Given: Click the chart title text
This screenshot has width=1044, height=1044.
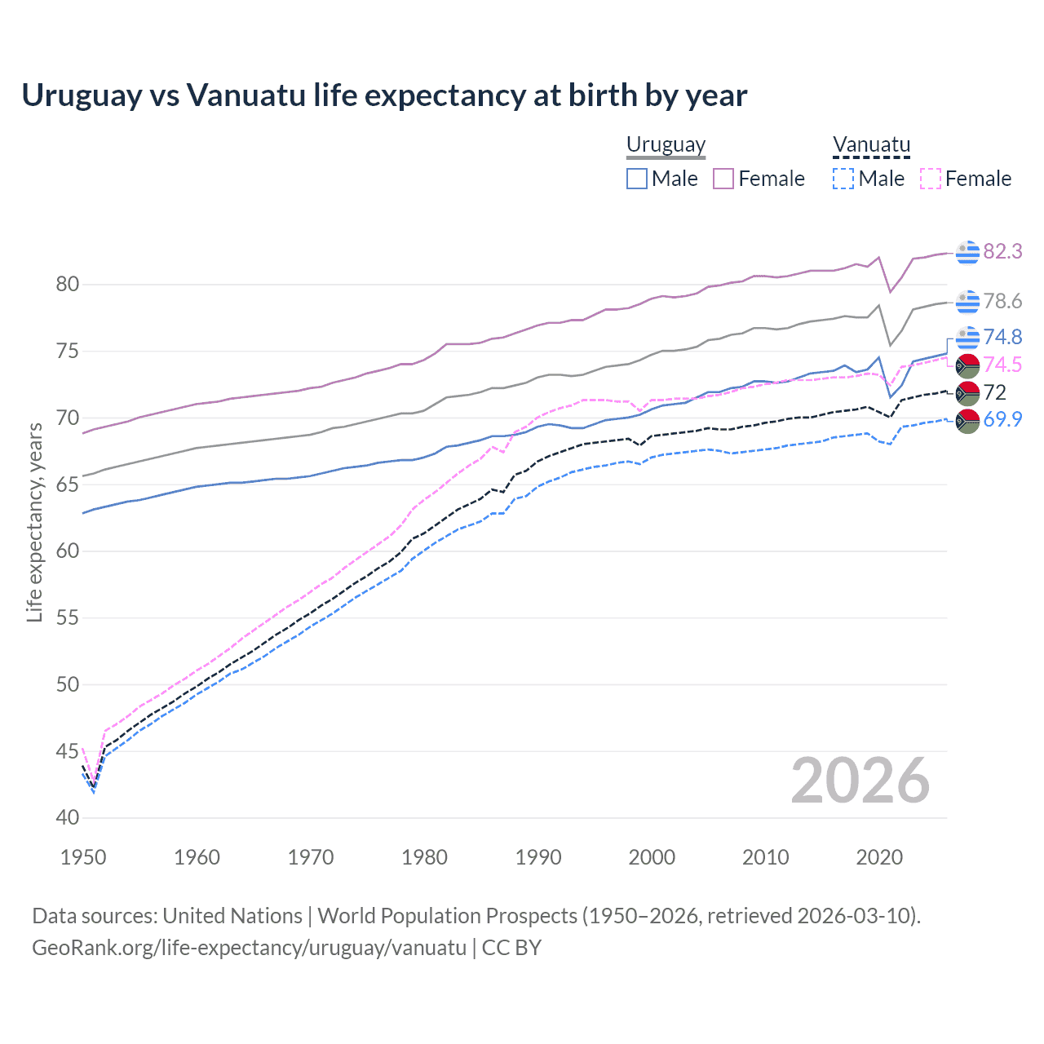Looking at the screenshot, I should click(384, 95).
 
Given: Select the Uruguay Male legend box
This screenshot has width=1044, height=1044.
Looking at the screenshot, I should click(637, 179).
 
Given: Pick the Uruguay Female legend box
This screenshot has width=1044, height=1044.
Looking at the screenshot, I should click(723, 179).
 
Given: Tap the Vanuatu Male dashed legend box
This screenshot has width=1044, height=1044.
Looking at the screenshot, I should click(843, 179).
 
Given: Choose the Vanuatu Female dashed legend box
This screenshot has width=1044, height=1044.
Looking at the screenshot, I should click(931, 179).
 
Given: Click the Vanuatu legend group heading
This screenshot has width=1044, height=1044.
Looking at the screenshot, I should click(871, 144).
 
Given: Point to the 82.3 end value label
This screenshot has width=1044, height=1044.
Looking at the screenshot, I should click(1002, 252).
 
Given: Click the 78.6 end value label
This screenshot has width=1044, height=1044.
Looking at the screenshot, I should click(1002, 302).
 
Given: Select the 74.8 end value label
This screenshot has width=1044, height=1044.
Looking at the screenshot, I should click(1002, 338).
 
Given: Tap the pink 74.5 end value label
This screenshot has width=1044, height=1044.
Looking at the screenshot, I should click(1002, 365).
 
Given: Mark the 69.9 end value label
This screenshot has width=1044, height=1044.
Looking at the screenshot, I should click(1002, 420).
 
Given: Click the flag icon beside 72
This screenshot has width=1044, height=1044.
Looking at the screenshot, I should click(967, 393).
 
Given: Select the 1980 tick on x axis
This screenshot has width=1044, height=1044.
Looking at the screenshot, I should click(424, 857).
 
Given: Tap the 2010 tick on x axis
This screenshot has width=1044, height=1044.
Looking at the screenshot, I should click(765, 857).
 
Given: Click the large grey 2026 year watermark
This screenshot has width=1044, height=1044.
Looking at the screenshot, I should click(860, 781).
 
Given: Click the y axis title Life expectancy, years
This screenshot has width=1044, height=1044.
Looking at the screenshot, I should click(34, 522).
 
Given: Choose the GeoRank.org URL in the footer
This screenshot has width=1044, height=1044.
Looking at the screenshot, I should click(249, 948).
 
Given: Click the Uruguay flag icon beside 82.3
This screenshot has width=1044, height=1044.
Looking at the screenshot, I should click(967, 253).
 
